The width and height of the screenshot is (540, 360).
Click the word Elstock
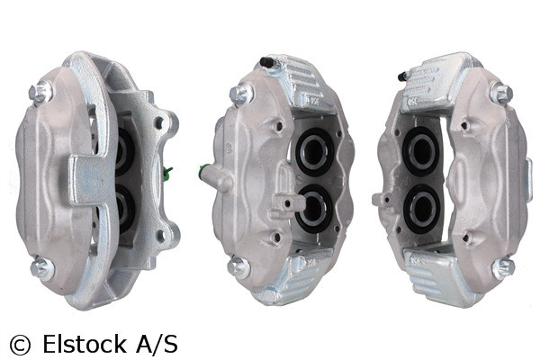point(82,344)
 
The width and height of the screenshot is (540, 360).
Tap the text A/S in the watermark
point(157,344)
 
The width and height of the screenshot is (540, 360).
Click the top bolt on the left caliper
point(39,92)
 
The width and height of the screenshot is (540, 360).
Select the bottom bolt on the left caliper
point(39,266)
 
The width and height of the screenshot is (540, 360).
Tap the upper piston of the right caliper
point(420,148)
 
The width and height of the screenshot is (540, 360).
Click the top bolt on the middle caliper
point(240,92)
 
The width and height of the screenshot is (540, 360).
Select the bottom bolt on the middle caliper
point(238,265)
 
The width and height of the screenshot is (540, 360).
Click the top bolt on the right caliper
point(500,92)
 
